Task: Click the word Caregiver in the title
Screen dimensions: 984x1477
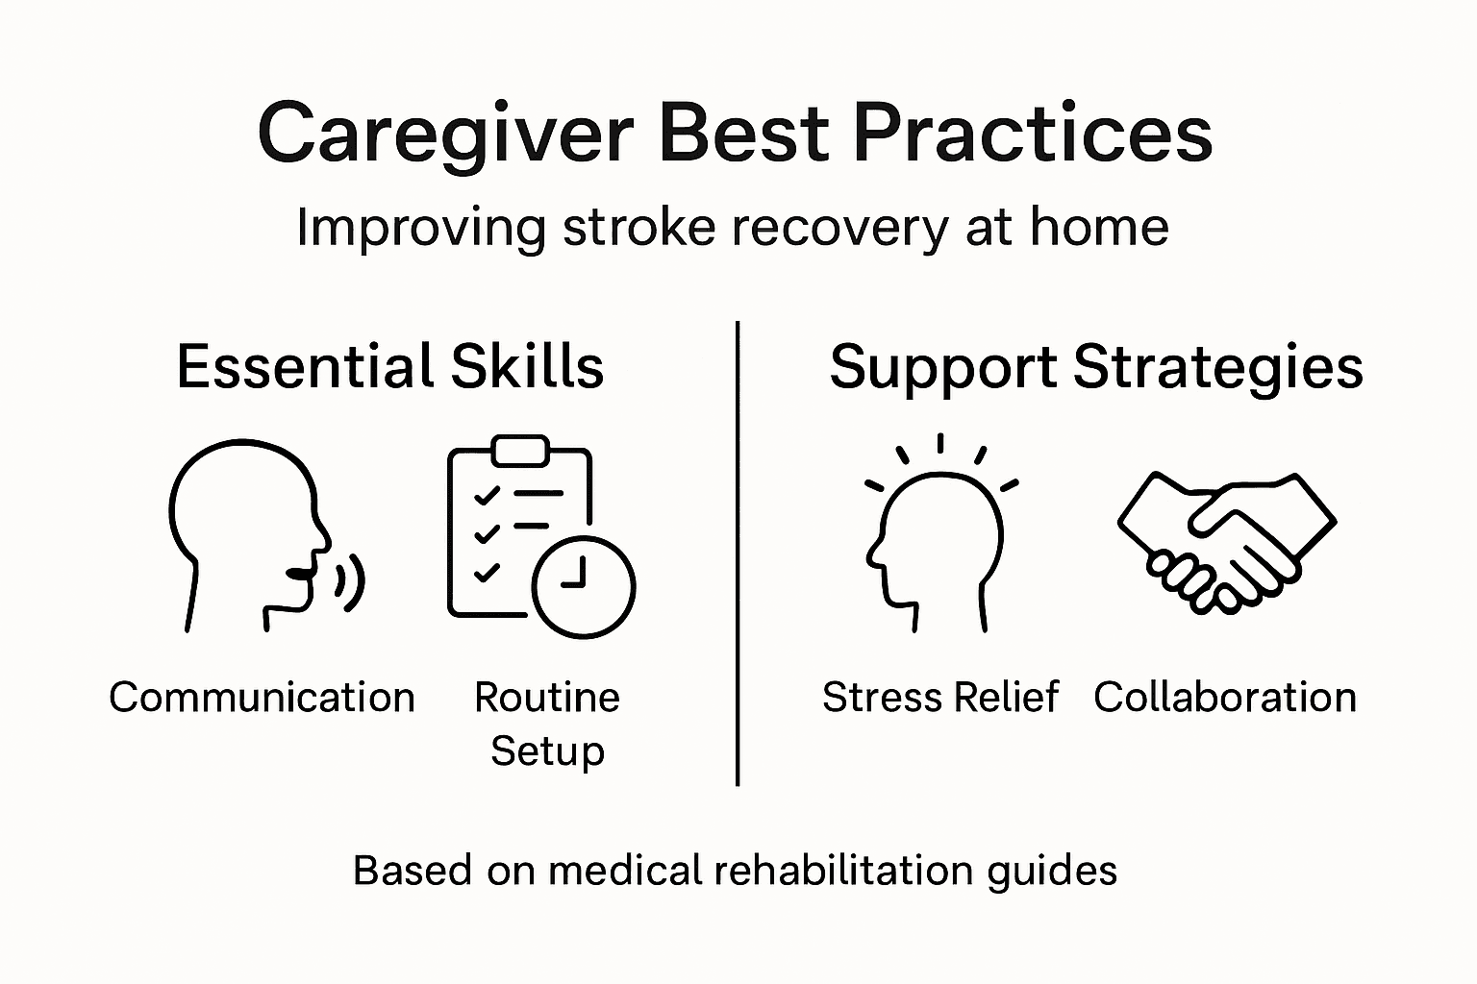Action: coord(444,135)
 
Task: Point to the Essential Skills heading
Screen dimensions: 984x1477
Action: coord(389,367)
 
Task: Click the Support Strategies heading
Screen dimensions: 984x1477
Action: coord(1095,367)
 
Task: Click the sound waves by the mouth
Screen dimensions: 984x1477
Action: coord(351,581)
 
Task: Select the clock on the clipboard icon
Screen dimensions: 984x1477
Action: coord(584,585)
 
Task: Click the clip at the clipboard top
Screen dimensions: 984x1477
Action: coord(519,450)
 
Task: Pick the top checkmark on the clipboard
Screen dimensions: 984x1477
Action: coord(487,495)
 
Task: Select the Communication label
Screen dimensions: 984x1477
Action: coord(262,698)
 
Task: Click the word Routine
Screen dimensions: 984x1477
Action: coord(547,698)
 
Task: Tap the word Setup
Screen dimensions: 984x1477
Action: coord(547,750)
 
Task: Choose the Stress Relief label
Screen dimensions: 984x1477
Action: coord(939,698)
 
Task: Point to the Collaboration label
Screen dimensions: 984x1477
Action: coord(1224,698)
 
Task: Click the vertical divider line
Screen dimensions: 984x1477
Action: coord(738,553)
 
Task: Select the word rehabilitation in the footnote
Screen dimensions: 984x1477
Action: coord(845,871)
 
